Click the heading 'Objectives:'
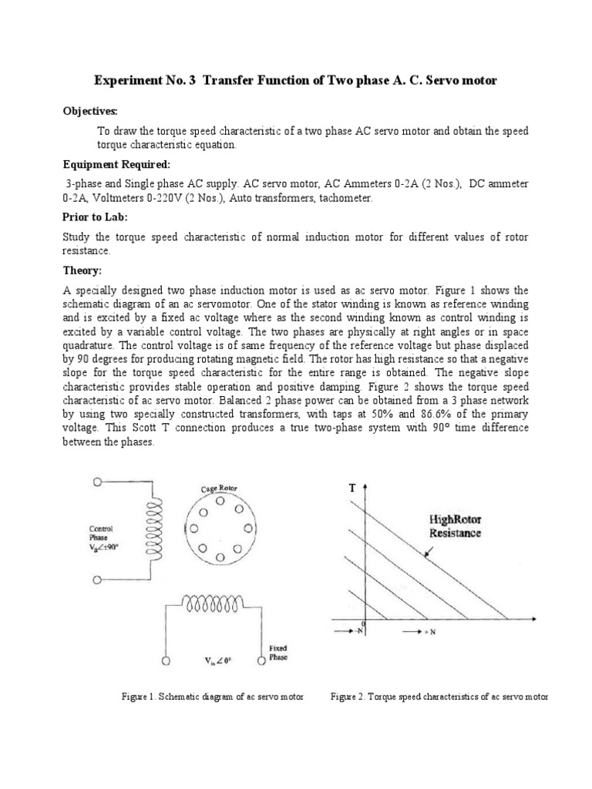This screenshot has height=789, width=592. click(90, 111)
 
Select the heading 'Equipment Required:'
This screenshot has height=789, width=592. click(113, 164)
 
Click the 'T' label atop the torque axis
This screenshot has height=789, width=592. click(352, 489)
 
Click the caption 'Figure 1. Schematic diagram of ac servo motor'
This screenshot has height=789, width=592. click(212, 697)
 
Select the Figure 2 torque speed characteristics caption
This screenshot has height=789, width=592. click(439, 697)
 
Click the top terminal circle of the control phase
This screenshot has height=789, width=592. click(97, 482)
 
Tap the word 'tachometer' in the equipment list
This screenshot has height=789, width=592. click(343, 198)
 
